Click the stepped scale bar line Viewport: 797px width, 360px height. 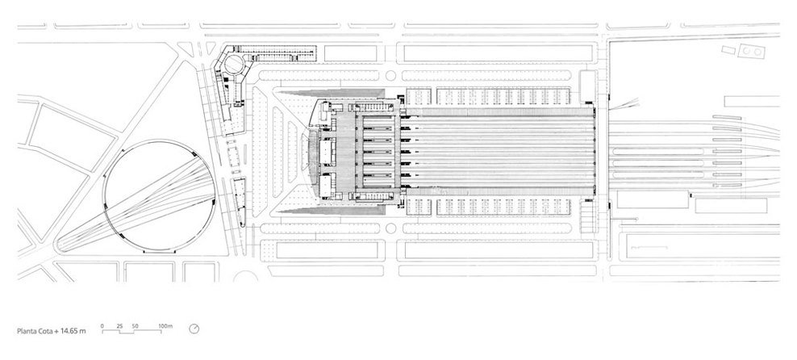[x=134, y=330]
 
